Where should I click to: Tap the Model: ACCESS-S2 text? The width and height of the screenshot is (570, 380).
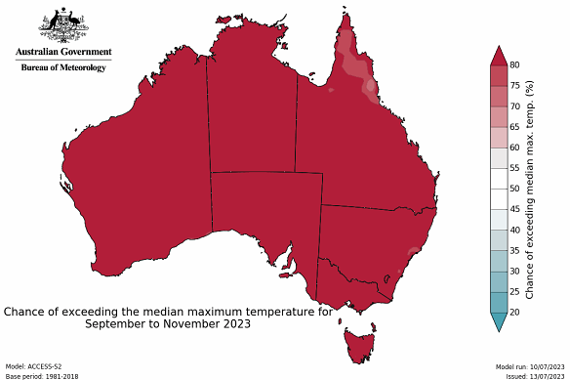tap(33, 365)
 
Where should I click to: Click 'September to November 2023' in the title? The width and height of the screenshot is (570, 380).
tap(167, 325)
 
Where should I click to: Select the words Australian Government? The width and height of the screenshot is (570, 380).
tap(63, 52)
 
